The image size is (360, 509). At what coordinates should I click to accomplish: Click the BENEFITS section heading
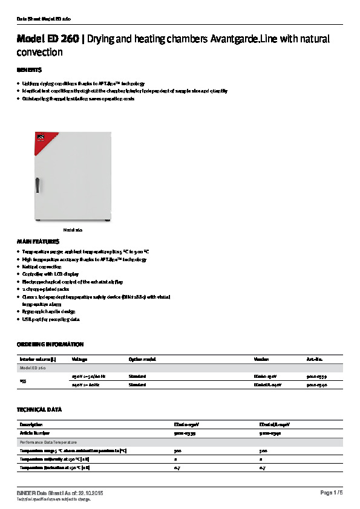[28, 70]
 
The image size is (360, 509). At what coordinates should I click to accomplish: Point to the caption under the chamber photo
[73, 230]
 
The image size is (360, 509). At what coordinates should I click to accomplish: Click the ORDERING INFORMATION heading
[50, 345]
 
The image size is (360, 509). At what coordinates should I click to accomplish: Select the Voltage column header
[80, 359]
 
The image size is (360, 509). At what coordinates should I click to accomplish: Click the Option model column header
[143, 359]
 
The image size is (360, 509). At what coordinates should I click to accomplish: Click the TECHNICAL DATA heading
[39, 410]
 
